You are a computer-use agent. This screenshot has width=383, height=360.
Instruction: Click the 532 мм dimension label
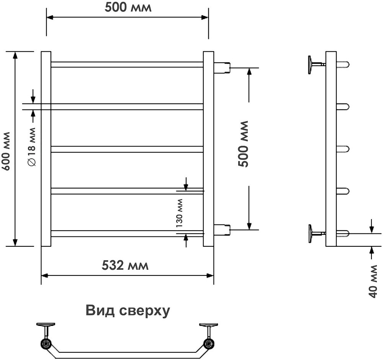(125, 265)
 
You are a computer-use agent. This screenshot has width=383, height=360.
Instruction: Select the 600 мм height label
(6, 149)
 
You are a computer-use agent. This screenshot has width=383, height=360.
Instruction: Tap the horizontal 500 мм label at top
(128, 8)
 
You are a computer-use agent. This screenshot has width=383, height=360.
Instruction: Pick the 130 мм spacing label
(180, 213)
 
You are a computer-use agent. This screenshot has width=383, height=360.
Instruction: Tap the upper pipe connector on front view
(222, 68)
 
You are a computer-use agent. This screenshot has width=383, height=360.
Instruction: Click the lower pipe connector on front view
(222, 230)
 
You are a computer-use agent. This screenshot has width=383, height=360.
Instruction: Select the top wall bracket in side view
(315, 65)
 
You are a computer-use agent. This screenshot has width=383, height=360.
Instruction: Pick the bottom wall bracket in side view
(315, 233)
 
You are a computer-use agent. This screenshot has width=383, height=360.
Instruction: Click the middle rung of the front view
(127, 149)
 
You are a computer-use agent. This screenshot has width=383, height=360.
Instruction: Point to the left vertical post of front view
(46, 149)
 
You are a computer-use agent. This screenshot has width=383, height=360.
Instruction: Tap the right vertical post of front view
(208, 149)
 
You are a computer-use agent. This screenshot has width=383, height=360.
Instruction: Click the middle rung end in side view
(343, 148)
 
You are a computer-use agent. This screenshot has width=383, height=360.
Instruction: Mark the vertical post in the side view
(331, 149)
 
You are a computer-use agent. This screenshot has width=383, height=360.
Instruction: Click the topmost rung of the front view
(127, 65)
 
